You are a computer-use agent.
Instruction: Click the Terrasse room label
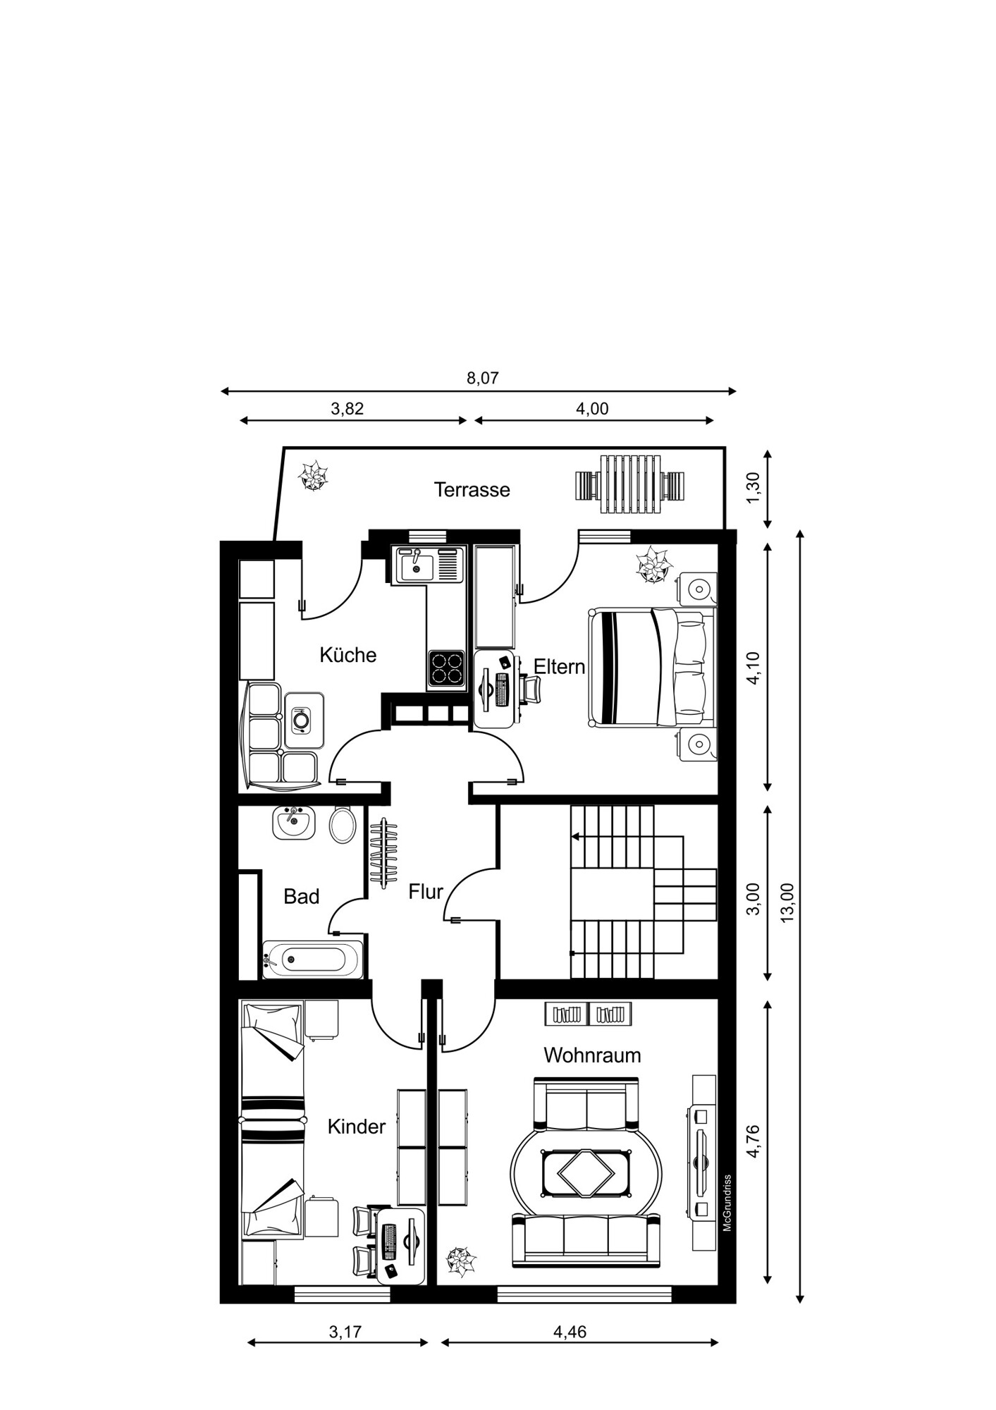coord(472,489)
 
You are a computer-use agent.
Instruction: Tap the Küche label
coord(348,655)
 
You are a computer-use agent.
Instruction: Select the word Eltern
coord(559,667)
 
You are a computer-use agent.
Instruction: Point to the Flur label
coord(426,892)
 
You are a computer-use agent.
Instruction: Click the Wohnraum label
coord(592,1055)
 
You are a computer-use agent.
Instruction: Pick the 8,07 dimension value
coord(482,378)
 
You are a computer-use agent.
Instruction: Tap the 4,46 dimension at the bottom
coord(570,1332)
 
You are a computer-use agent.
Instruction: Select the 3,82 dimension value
coord(347,409)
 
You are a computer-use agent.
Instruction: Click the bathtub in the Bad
coord(314,959)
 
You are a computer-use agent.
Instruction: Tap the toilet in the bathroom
coord(343,825)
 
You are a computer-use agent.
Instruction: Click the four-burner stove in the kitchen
coord(446,669)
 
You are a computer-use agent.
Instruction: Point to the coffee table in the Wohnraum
coord(585,1173)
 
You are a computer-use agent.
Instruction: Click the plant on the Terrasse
coord(313,477)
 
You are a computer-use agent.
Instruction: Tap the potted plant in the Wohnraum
coord(461,1261)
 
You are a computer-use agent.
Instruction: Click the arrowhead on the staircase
coord(575,837)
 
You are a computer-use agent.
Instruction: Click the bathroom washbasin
coord(293,823)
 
